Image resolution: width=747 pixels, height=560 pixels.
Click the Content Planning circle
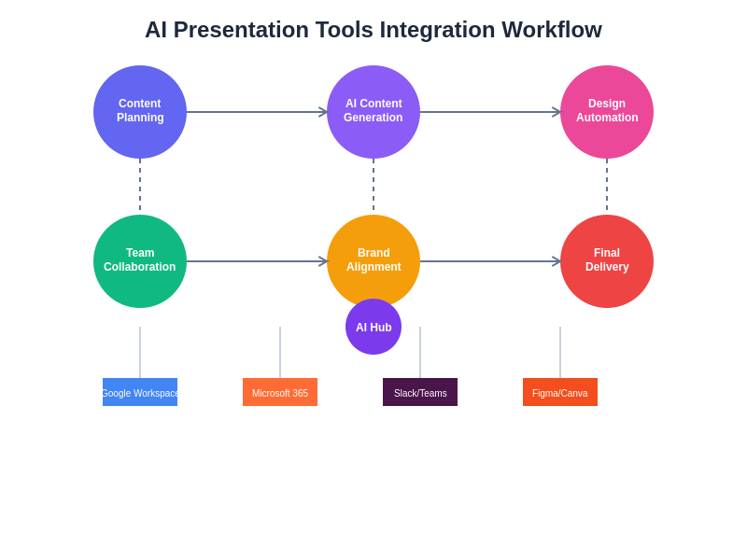point(140,112)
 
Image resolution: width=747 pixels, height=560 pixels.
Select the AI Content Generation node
point(373,112)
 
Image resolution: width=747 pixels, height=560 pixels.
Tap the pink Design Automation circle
point(607,112)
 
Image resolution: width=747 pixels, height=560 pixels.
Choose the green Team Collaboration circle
point(140,261)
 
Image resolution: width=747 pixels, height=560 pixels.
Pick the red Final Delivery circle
point(607,261)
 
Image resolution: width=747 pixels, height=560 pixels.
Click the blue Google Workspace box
point(140,392)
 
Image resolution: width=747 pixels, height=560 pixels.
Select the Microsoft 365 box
point(280,392)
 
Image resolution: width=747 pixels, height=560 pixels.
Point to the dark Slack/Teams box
point(420,392)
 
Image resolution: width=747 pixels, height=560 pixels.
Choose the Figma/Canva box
point(560,392)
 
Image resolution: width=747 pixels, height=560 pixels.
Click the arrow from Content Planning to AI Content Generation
point(257,112)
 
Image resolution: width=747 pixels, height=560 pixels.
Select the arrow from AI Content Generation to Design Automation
point(490,112)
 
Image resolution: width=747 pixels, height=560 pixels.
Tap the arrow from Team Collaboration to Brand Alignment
point(257,261)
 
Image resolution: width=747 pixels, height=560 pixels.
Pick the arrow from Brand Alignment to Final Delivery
point(490,261)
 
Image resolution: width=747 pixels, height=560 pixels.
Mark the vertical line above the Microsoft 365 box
point(280,353)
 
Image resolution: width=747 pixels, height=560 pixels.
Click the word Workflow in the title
point(552,30)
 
